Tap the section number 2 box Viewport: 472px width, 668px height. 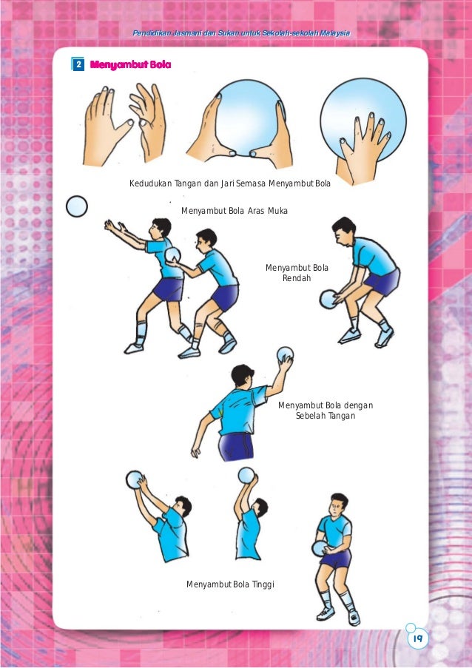pyautogui.click(x=78, y=65)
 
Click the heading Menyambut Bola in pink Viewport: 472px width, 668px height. pyautogui.click(x=130, y=65)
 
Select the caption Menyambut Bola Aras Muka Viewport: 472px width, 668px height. pyautogui.click(x=235, y=211)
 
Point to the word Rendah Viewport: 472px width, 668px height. pyautogui.click(x=297, y=278)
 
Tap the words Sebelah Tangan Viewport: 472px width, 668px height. pyautogui.click(x=326, y=416)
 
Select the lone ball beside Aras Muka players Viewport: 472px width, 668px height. pyautogui.click(x=77, y=206)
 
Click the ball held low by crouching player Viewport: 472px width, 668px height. pyautogui.click(x=328, y=299)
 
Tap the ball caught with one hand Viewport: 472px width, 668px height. pyautogui.click(x=285, y=354)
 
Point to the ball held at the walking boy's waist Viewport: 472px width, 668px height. pyautogui.click(x=320, y=547)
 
